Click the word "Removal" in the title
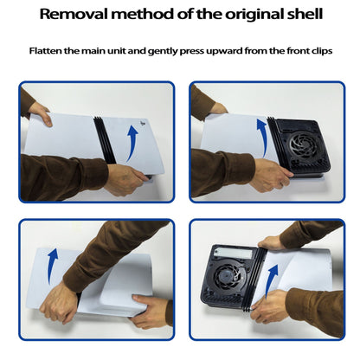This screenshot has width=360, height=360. [74, 14]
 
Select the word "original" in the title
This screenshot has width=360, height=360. [254, 15]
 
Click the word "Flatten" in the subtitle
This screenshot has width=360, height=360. [45, 51]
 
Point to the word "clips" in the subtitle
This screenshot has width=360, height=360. [322, 51]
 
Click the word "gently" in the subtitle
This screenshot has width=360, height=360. [162, 52]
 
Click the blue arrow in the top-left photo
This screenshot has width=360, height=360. [133, 142]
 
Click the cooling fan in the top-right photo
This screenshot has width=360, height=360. [304, 145]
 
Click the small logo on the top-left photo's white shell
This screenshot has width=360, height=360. [142, 124]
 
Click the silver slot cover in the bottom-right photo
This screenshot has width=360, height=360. [234, 253]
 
